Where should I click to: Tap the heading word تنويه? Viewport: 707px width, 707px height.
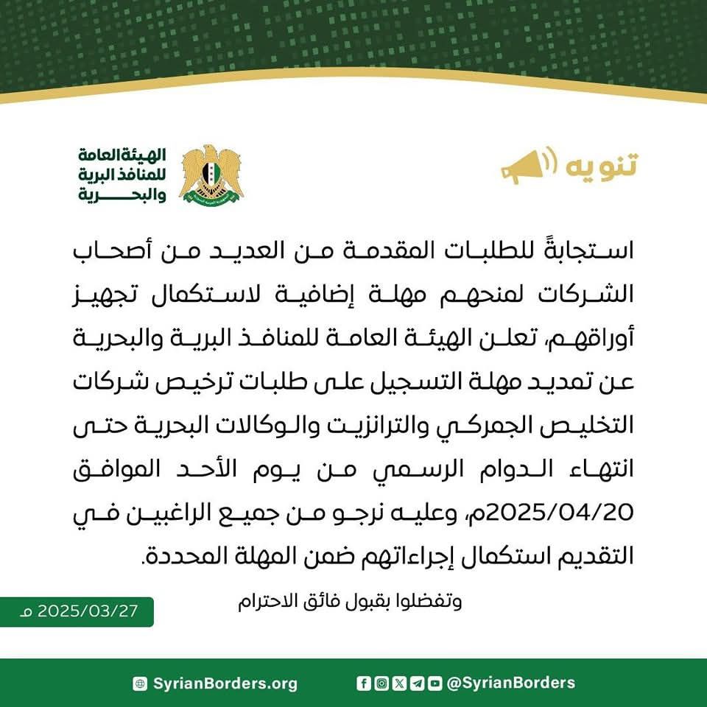[601, 166]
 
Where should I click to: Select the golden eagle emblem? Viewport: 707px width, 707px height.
[211, 174]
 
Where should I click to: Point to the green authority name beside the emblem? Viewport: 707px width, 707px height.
[123, 175]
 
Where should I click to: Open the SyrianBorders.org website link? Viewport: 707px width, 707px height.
[225, 683]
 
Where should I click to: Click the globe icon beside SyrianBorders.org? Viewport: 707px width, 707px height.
[140, 683]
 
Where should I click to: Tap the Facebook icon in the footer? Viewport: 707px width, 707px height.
[364, 683]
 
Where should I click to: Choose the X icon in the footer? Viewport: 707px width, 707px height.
[399, 683]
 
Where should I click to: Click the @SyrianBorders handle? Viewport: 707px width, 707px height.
[511, 683]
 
